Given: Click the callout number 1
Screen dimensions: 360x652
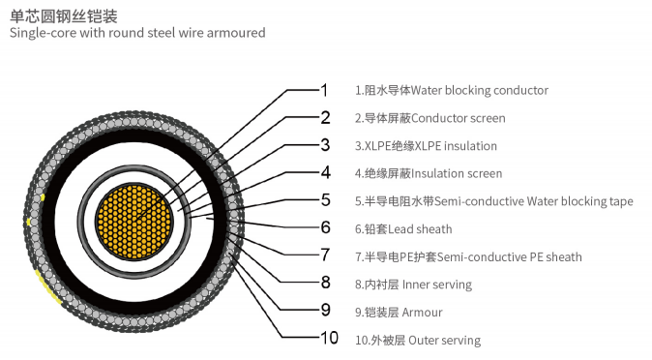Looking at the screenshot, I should pos(325,90).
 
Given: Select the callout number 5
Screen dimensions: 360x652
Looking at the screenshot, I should pos(325,200).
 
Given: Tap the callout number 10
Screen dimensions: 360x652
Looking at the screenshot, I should pos(330,338).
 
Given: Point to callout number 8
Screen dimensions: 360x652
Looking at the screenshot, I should pos(325,283).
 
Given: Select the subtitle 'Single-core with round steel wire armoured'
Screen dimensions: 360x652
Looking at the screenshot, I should pos(136,33).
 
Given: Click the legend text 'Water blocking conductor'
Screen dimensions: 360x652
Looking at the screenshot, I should pos(480,91).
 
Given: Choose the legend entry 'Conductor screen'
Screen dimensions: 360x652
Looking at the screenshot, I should pos(459,118).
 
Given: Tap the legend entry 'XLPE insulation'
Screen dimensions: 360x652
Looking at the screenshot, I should pos(455,146).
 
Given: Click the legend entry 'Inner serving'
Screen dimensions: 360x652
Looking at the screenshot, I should pos(440,285).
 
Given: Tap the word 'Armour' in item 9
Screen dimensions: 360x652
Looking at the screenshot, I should pos(423,313).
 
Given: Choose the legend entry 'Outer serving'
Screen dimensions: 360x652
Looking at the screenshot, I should pos(444,341).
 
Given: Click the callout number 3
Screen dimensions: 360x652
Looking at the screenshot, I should pos(325,145).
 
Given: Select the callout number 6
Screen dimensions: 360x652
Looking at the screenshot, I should pos(325,227).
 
